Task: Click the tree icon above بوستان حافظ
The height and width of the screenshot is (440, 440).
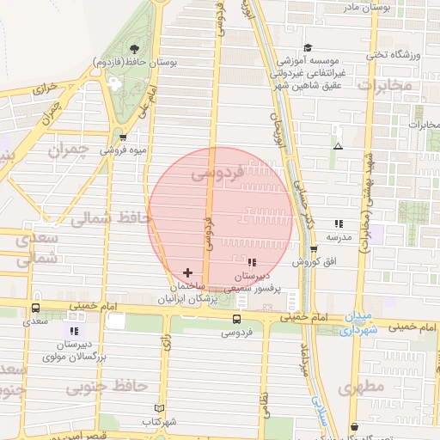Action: [x=133, y=49]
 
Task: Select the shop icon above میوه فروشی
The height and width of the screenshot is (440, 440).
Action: [x=124, y=137]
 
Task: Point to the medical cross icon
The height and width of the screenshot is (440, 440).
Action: [x=188, y=272]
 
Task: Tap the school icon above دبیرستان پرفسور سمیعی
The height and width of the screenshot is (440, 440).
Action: [x=251, y=262]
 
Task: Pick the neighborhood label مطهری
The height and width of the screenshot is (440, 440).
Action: [x=361, y=387]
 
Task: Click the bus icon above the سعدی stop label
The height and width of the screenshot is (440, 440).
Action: [x=35, y=308]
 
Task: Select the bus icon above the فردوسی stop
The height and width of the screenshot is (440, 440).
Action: [x=236, y=318]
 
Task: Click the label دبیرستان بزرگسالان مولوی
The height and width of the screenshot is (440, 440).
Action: [x=75, y=348]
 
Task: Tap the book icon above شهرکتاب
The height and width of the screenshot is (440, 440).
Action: [x=157, y=408]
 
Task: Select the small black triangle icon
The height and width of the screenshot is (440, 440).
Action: [x=338, y=146]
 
